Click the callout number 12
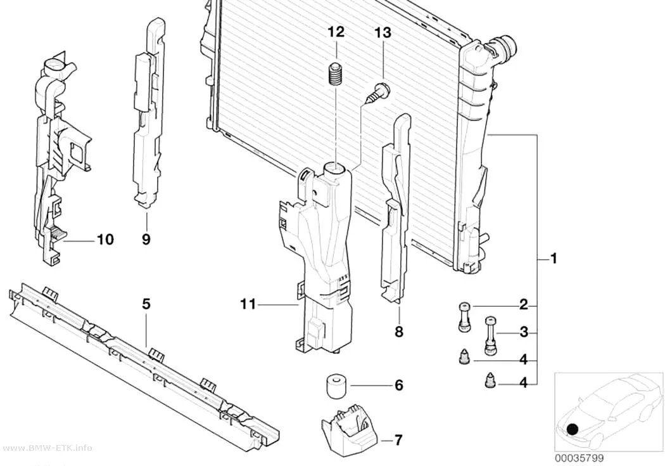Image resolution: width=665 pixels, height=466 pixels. click(x=336, y=32)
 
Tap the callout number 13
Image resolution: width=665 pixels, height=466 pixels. click(x=383, y=33)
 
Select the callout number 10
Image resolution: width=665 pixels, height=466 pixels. click(x=105, y=240)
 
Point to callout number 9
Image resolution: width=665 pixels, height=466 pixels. click(x=146, y=240)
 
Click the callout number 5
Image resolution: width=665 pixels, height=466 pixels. click(x=146, y=304)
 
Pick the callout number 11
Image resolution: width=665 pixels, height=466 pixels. click(x=248, y=304)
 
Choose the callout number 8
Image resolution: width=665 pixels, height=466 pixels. click(x=398, y=332)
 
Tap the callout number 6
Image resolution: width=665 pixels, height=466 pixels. click(x=398, y=385)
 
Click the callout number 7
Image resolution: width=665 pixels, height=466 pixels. click(x=398, y=441)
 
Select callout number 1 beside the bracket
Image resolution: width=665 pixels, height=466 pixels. click(x=553, y=258)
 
